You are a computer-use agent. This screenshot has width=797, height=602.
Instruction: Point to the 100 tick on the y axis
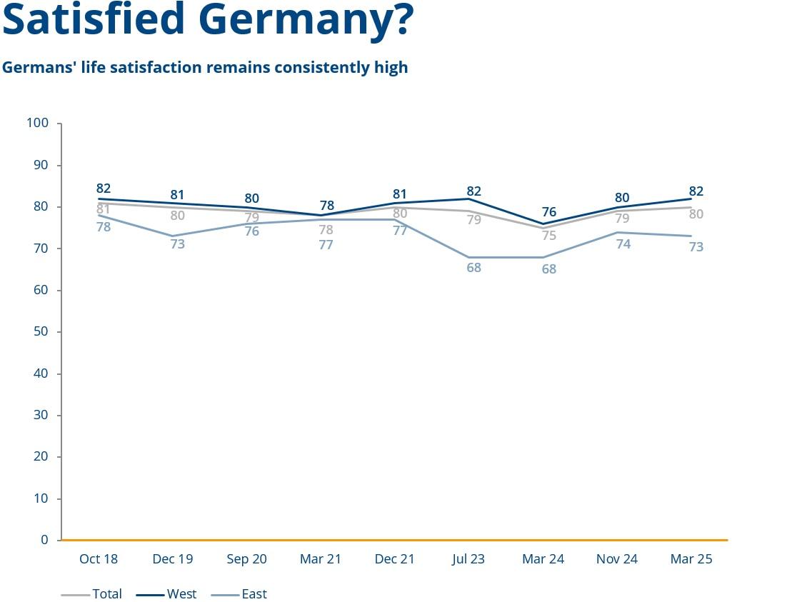(37, 124)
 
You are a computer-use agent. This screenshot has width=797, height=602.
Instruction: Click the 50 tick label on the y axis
(41, 332)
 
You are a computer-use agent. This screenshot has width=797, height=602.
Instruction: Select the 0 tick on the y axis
(44, 541)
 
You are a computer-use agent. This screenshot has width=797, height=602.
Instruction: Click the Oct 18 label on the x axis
(99, 559)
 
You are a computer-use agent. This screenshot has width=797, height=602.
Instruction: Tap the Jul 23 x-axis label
(468, 559)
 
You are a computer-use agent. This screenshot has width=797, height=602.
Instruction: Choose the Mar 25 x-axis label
(691, 559)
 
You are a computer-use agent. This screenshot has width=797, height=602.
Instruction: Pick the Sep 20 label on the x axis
(247, 559)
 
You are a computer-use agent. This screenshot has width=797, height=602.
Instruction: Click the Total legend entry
(106, 594)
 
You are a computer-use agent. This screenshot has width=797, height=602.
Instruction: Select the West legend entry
(181, 594)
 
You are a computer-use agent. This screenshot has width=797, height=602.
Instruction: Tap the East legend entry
(254, 594)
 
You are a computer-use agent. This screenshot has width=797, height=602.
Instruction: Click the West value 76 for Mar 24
(548, 212)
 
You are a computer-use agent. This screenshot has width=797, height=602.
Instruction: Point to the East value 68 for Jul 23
(474, 269)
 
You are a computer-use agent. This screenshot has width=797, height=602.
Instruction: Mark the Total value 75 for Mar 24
(548, 236)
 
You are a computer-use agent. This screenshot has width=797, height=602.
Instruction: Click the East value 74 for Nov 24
(623, 244)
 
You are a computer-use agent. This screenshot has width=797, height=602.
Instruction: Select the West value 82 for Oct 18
(104, 189)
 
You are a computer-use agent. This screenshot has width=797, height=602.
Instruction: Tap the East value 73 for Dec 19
(178, 244)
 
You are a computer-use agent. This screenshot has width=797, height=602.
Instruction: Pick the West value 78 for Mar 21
(326, 206)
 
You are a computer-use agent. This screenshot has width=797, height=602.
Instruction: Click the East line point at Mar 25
(691, 236)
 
